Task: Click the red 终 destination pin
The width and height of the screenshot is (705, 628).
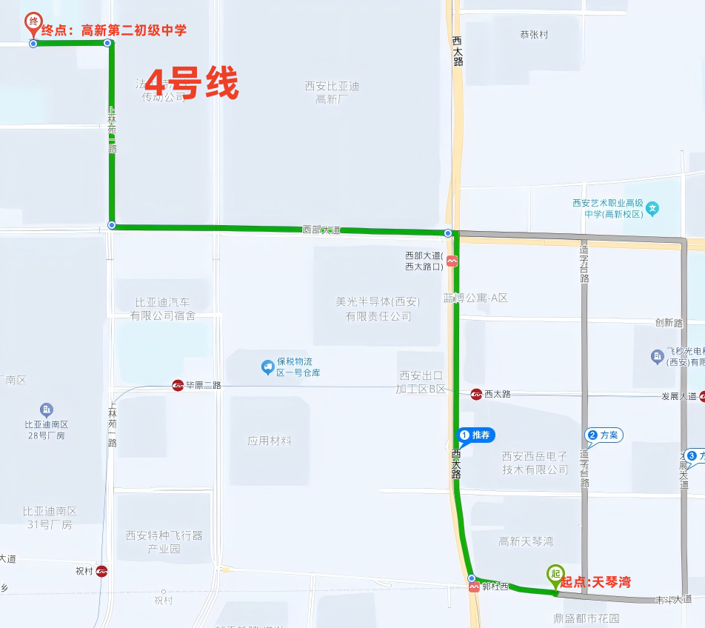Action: coord(33,23)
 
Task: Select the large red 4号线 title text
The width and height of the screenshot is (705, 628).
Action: coord(191,83)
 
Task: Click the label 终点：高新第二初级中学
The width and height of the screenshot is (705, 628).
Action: coord(113,30)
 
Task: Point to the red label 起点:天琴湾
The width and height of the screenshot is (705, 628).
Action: coord(595,582)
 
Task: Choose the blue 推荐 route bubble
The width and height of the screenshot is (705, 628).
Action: coord(476,435)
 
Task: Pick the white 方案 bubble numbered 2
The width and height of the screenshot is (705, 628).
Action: coord(604,435)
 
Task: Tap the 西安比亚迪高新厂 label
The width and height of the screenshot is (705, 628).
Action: coord(331,92)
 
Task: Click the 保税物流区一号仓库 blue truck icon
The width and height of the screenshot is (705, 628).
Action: coord(267,367)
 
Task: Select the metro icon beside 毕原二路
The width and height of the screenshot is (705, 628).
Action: coord(178,385)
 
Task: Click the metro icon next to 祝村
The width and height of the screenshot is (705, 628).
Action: coord(101,571)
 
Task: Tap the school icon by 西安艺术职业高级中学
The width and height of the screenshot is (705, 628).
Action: coord(652,208)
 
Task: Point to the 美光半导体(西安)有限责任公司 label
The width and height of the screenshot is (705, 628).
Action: coord(378,309)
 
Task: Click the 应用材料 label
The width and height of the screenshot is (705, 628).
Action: coord(270,441)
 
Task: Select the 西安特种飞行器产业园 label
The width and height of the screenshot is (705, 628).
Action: coord(164,541)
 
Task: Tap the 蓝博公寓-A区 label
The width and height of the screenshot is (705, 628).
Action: coord(476,298)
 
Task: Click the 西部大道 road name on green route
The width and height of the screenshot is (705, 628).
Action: coord(321,230)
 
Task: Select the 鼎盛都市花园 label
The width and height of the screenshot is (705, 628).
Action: coord(586,618)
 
